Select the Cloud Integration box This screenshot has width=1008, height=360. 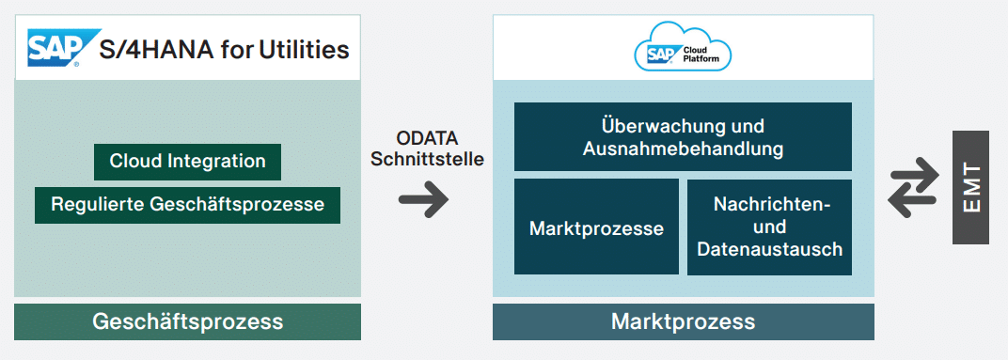(x=187, y=161)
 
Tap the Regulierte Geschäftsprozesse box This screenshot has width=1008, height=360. (x=187, y=204)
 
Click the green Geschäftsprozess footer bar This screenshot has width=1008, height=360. (x=187, y=321)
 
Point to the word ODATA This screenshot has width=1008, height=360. (x=427, y=139)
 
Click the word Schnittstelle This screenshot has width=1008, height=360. (x=427, y=159)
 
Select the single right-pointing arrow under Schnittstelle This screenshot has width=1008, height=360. (x=424, y=199)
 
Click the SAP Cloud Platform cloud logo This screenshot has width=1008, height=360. (x=683, y=49)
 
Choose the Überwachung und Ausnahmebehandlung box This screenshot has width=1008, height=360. (x=683, y=137)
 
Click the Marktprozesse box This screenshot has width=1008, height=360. (x=596, y=227)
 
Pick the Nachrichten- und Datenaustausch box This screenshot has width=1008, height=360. (x=769, y=227)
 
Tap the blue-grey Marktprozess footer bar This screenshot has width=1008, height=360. (x=683, y=321)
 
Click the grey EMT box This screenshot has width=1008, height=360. (x=970, y=188)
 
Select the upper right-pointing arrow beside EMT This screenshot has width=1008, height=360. (x=915, y=176)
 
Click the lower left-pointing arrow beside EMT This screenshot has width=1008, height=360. (x=913, y=201)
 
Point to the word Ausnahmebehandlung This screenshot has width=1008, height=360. (x=683, y=149)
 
